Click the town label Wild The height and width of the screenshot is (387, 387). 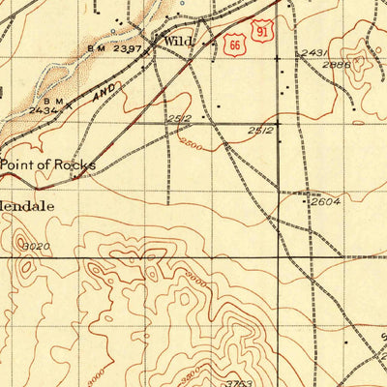(178, 41)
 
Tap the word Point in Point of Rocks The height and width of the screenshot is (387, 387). (19, 164)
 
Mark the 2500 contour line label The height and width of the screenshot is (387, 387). (191, 143)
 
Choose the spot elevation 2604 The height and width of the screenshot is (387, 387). (325, 201)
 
